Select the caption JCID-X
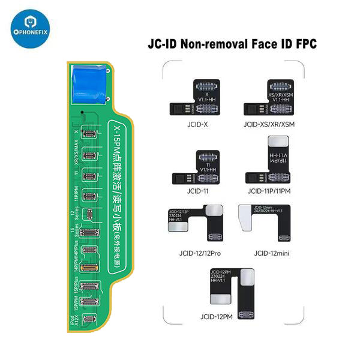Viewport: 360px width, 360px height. tap(199, 125)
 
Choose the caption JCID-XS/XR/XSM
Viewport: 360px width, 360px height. tap(271, 125)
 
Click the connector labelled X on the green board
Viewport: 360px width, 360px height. tap(91, 132)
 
